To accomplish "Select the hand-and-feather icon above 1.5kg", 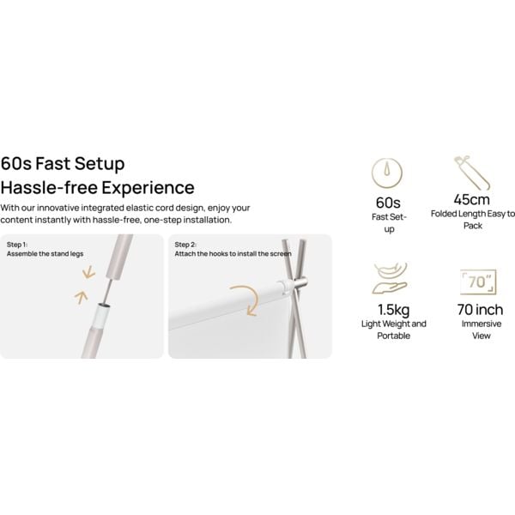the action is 390,278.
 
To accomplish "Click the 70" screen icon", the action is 478,282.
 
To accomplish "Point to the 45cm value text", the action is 471,199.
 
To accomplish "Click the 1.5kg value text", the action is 393,310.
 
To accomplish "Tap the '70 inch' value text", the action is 480,309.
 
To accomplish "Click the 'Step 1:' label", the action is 17,245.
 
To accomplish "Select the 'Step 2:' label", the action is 185,245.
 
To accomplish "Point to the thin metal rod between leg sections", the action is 106,291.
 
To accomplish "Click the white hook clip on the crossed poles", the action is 285,287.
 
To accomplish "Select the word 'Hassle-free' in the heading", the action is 49,187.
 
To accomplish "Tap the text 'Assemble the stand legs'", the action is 45,254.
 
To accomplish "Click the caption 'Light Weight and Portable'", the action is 394,330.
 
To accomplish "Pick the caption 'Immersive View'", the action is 482,330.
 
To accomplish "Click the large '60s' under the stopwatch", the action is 388,203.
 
